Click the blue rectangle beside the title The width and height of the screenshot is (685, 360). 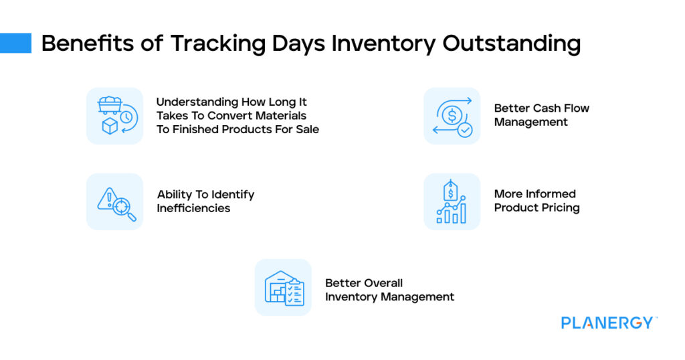click(15, 43)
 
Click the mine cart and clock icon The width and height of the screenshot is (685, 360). click(114, 116)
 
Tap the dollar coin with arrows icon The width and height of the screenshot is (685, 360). click(452, 116)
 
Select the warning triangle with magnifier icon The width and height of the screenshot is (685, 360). click(114, 201)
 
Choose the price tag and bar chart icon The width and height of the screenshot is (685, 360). click(452, 201)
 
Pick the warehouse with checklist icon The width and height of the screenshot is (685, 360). click(283, 288)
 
